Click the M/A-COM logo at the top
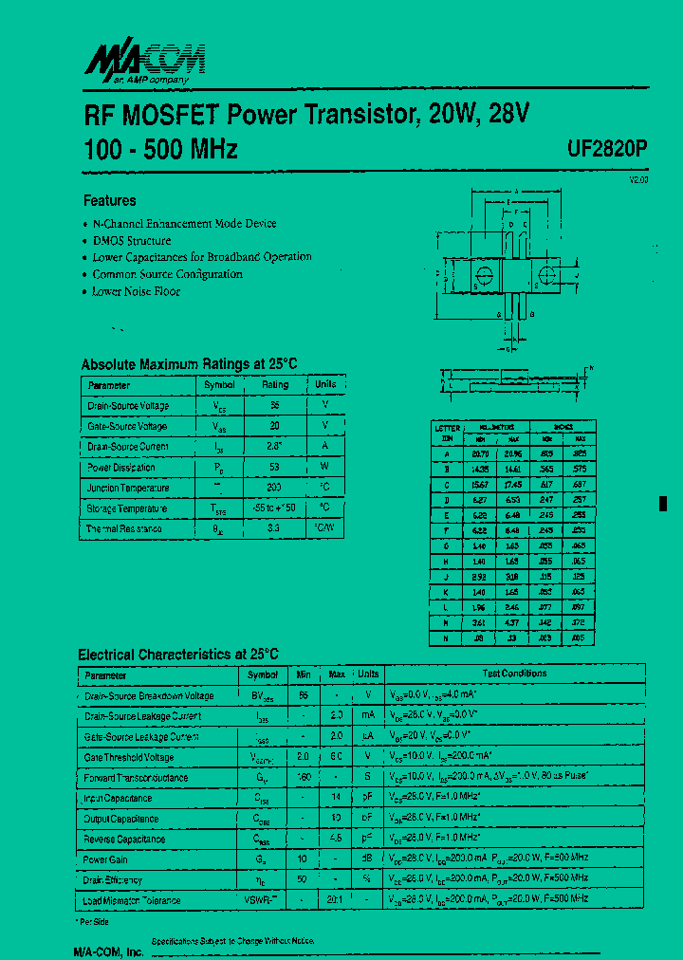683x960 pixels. [145, 64]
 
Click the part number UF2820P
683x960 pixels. [607, 149]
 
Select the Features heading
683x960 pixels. [109, 200]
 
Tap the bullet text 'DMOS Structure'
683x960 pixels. [132, 240]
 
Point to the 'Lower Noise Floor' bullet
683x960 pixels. [136, 291]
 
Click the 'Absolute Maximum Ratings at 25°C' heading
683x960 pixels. [189, 364]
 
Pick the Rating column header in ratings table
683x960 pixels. [275, 385]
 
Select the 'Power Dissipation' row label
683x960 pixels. [121, 467]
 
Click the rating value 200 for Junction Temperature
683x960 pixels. [274, 488]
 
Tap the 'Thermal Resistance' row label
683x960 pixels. [124, 528]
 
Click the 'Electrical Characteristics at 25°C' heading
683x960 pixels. [178, 655]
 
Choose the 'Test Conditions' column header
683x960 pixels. [514, 674]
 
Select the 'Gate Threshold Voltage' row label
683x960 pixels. [129, 757]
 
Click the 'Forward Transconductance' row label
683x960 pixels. [136, 778]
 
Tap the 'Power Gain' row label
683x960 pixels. [105, 859]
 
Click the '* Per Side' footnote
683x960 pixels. [93, 921]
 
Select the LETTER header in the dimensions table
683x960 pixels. [447, 428]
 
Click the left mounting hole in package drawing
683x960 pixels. [484, 276]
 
